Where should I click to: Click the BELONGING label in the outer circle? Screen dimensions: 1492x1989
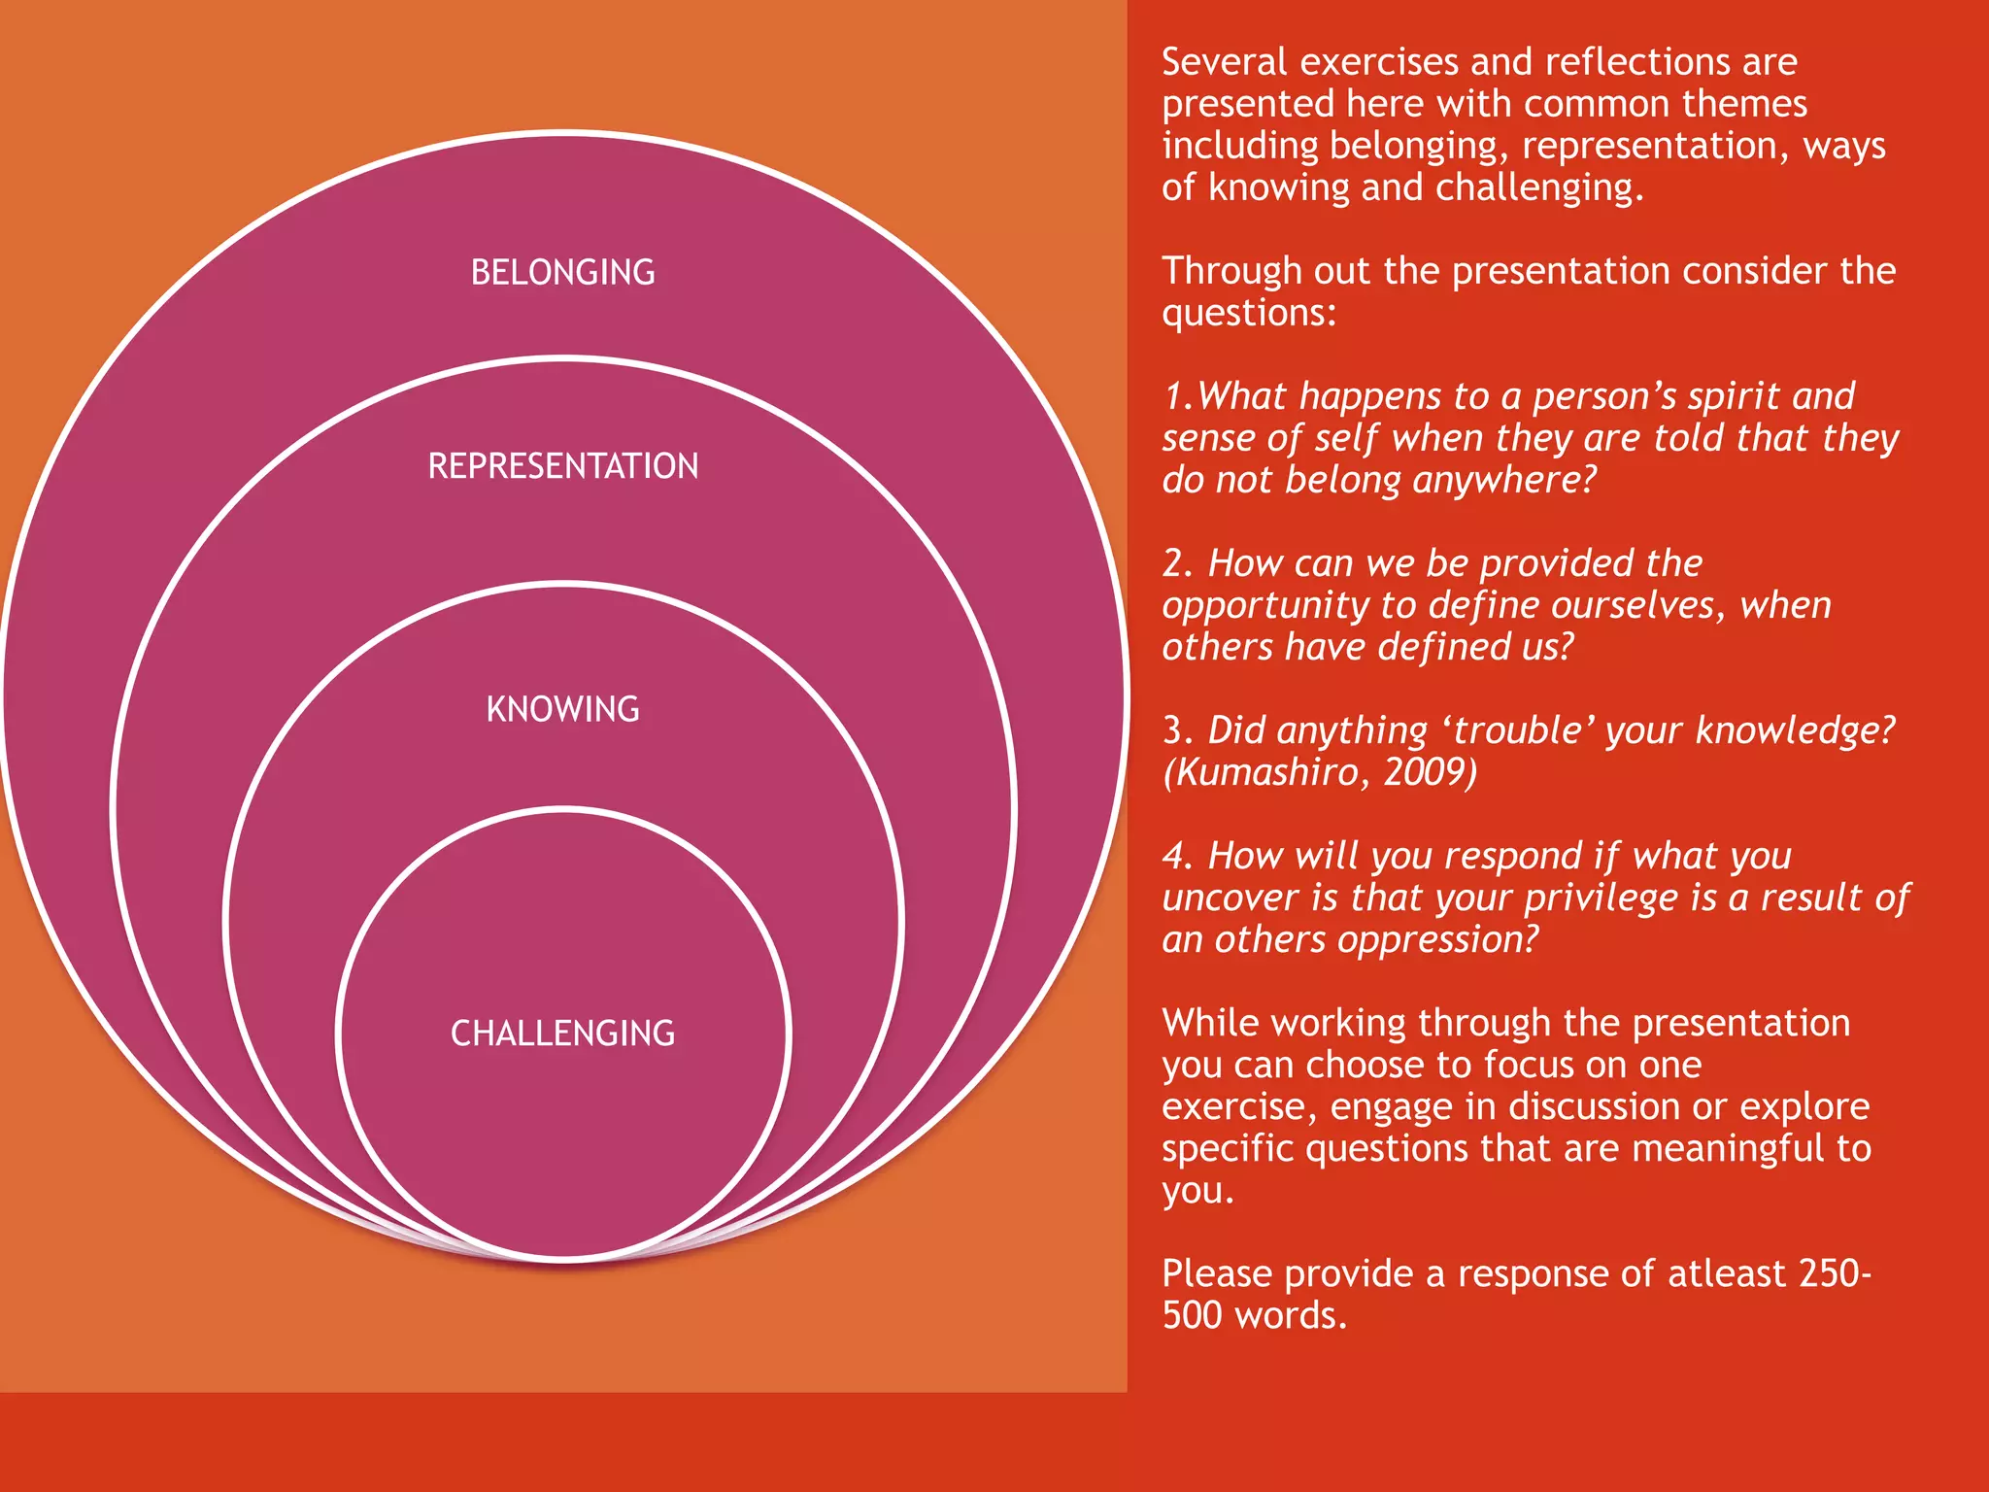(x=562, y=272)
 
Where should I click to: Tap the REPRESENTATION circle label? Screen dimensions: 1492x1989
(x=562, y=466)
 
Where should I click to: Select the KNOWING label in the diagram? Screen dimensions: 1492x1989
(x=562, y=709)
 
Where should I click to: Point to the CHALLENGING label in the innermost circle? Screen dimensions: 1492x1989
(x=562, y=1033)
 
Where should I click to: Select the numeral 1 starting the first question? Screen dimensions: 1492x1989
(x=1173, y=396)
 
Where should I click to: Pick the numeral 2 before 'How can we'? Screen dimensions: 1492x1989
(x=1175, y=563)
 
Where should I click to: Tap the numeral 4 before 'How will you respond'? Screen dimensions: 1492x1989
(x=1175, y=856)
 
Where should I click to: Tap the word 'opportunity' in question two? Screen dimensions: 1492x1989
(x=1265, y=606)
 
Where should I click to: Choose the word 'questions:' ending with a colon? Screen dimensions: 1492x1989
(x=1249, y=313)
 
